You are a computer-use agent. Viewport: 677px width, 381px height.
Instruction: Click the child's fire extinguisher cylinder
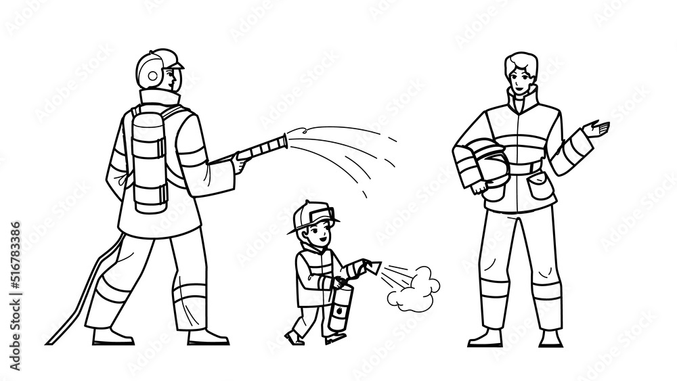(x=338, y=308)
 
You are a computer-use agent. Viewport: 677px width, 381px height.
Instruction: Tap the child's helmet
(x=309, y=217)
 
